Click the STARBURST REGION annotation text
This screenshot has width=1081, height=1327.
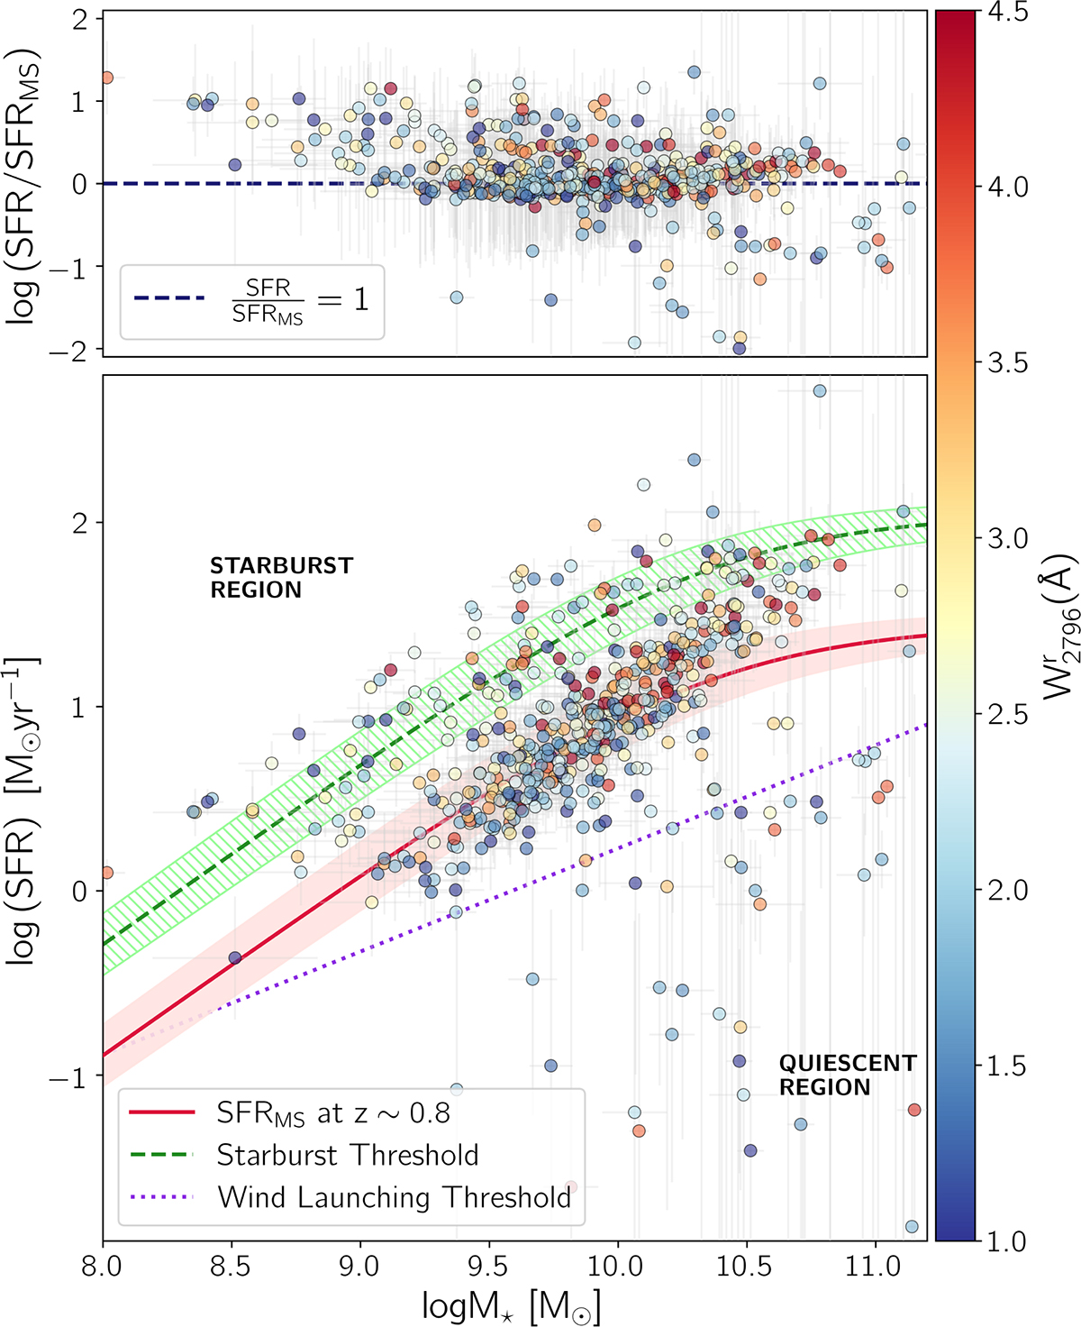click(281, 578)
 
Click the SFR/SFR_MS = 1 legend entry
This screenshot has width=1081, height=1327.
click(251, 301)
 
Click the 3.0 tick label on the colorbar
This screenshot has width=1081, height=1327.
click(1007, 538)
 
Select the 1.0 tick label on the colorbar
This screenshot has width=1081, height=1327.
click(1007, 1240)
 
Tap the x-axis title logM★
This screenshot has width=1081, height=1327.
click(511, 1305)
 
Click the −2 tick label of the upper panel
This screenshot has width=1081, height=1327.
click(70, 350)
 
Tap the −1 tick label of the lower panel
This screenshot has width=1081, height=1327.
click(70, 1077)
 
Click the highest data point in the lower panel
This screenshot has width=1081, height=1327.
click(820, 390)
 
